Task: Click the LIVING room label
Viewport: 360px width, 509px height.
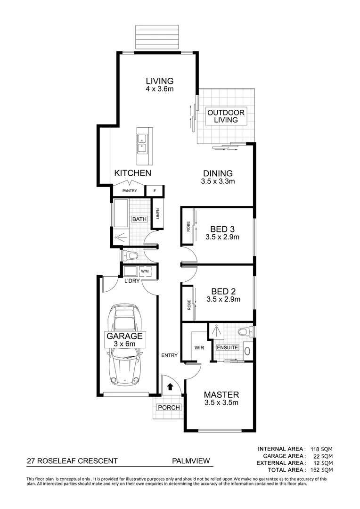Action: pos(159,81)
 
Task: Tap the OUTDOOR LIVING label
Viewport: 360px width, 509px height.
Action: pos(226,116)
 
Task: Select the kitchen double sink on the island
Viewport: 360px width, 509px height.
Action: pos(142,143)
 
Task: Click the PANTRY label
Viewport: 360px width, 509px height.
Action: pos(130,191)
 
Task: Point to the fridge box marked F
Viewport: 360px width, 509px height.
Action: pos(154,191)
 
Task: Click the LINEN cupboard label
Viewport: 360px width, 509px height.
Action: pos(158,213)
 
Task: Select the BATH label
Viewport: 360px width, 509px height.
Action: pos(139,219)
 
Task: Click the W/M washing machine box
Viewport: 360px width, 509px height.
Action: pos(145,271)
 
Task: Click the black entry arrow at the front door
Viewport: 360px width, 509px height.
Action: pos(170,386)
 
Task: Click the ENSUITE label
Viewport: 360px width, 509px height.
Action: pos(228,348)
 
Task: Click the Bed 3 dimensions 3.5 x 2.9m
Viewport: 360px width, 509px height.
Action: pos(222,238)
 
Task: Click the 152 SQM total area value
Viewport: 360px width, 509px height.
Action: pos(323,470)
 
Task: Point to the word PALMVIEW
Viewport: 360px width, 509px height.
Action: pos(190,461)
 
